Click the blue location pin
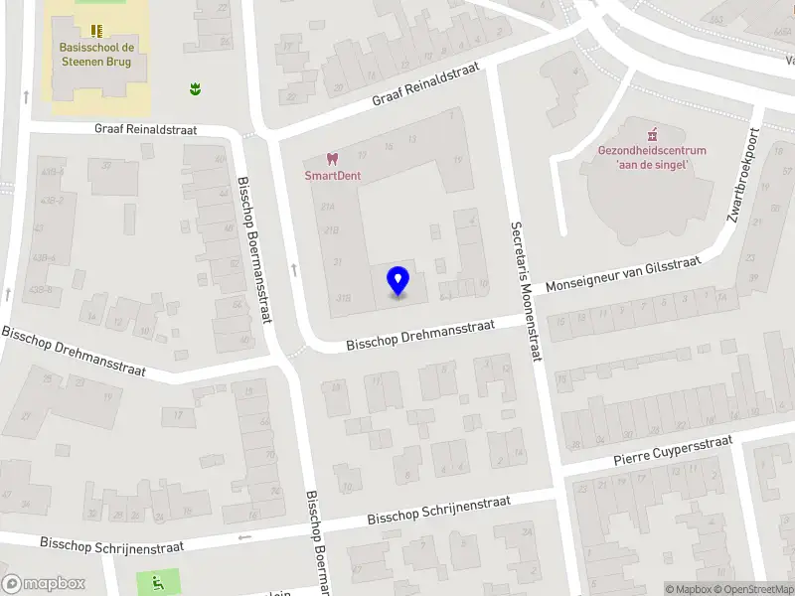[x=397, y=281]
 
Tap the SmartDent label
[x=332, y=176]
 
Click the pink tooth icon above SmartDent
[x=333, y=159]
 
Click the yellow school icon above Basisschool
[x=96, y=32]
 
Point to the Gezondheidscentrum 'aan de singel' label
[x=652, y=157]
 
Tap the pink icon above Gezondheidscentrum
[x=653, y=134]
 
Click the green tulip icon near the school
[x=195, y=89]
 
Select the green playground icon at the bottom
[x=157, y=580]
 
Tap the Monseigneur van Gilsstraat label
[x=624, y=273]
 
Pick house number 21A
[x=329, y=206]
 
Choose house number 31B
[x=344, y=296]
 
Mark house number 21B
[x=332, y=230]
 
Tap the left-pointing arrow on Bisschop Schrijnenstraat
[x=244, y=537]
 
